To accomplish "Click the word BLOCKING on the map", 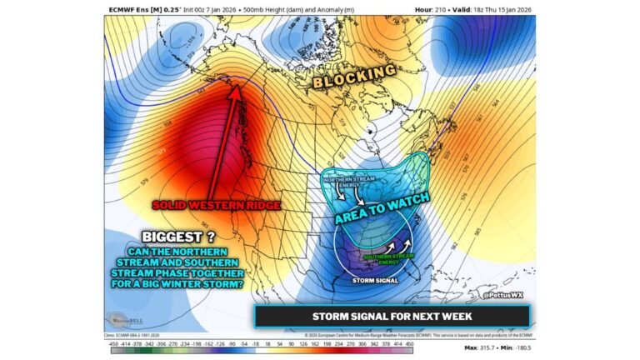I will (x=354, y=77).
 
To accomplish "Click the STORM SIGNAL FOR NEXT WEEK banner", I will (x=392, y=316).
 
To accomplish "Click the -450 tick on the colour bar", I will (x=115, y=342).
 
